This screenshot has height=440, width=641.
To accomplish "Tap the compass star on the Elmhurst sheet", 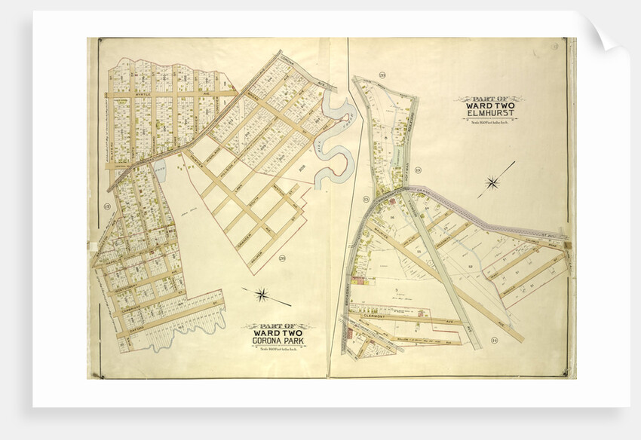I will [494, 181].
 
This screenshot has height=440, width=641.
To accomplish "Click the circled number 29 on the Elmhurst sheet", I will [382, 75].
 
